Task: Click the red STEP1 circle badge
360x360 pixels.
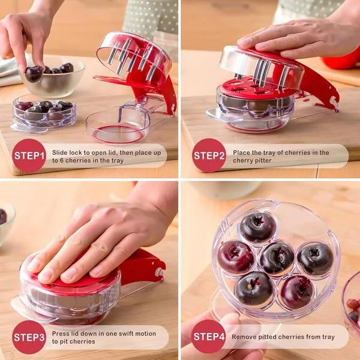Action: (x=29, y=155)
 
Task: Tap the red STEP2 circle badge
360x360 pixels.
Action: (x=209, y=155)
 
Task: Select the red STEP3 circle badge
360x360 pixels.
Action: (x=29, y=337)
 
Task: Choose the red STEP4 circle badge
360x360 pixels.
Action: (x=208, y=337)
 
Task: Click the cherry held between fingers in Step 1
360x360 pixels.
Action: (x=34, y=74)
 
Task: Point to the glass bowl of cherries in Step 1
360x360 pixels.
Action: (x=53, y=76)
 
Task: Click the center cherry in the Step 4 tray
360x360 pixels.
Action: (x=277, y=259)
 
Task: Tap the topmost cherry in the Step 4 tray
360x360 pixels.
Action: (x=257, y=227)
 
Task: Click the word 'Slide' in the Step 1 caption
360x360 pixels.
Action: (x=59, y=152)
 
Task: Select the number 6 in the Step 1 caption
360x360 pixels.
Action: (x=62, y=160)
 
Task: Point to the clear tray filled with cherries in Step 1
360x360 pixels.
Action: (x=44, y=113)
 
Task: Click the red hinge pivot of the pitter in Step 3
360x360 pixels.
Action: (x=159, y=272)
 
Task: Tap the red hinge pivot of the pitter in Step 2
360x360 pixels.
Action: (x=334, y=101)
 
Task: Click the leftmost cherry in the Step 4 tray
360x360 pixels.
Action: (x=236, y=257)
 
